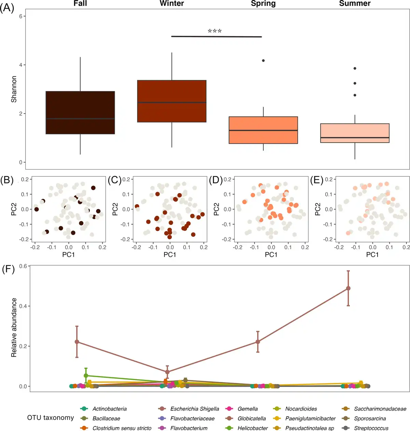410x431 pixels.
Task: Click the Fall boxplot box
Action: tap(80, 113)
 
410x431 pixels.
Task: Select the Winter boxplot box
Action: tap(172, 101)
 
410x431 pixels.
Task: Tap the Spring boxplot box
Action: tap(263, 130)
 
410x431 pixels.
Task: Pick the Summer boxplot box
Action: tap(355, 133)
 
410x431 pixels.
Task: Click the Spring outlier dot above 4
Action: tap(263, 61)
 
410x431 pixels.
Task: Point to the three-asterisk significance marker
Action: tap(215, 31)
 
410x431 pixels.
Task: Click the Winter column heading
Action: tap(172, 4)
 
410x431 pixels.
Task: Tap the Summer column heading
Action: tap(355, 4)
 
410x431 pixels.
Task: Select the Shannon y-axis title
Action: tap(14, 89)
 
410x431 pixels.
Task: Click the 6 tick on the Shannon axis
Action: tap(21, 16)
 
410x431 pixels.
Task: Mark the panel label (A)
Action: tap(7, 8)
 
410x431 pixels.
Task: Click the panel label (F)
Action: tap(8, 269)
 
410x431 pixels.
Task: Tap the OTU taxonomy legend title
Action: tap(51, 418)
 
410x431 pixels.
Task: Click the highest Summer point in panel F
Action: tap(348, 288)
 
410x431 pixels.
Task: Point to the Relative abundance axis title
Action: tap(14, 327)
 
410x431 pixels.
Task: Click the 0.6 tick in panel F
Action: tap(24, 266)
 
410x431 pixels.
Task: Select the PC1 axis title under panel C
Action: tap(170, 255)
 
